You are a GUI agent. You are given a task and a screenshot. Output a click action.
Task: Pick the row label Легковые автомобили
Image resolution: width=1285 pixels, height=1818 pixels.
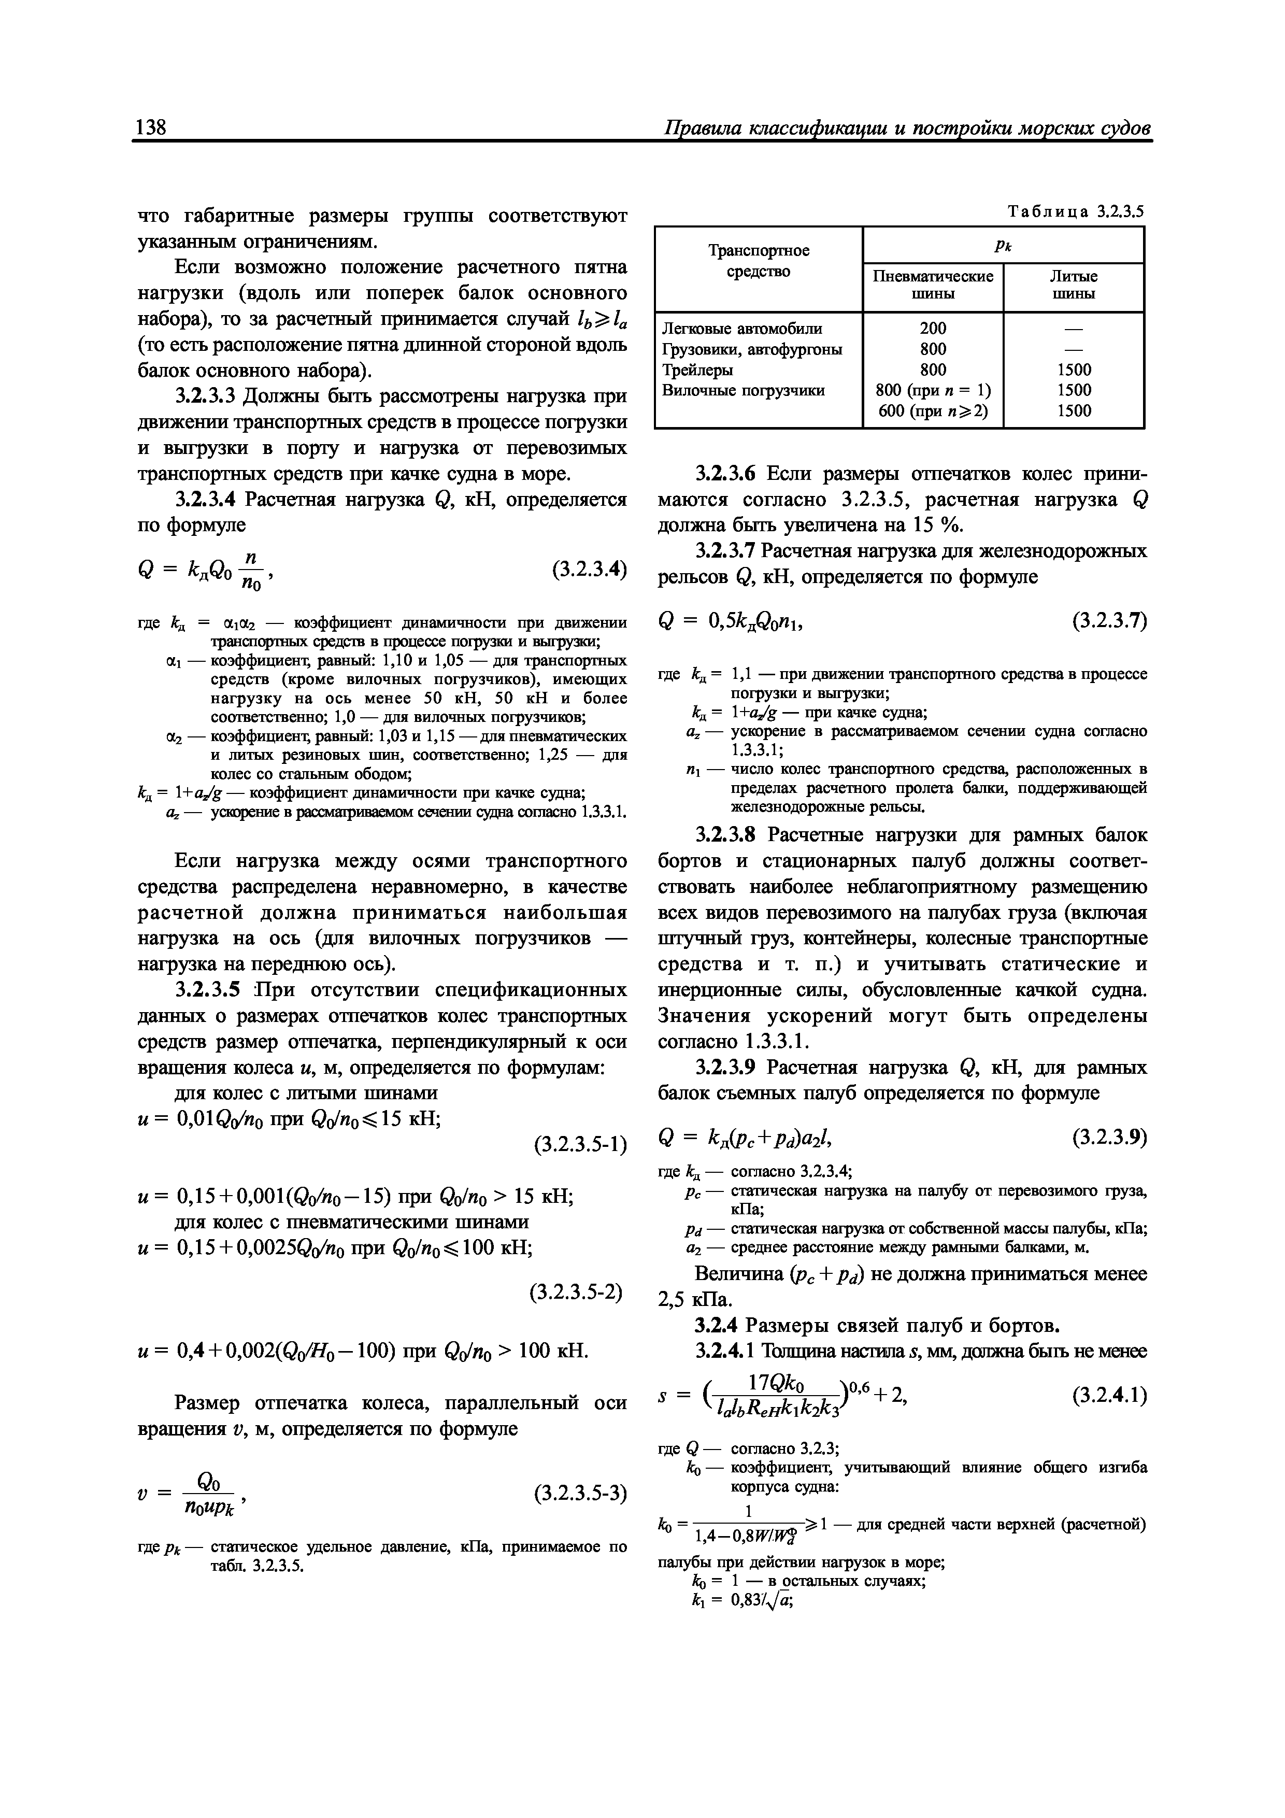click(x=742, y=329)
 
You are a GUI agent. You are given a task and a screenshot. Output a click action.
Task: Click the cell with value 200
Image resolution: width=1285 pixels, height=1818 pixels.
click(x=933, y=329)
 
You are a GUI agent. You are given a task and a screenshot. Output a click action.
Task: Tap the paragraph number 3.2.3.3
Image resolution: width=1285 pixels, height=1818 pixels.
click(x=207, y=396)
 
